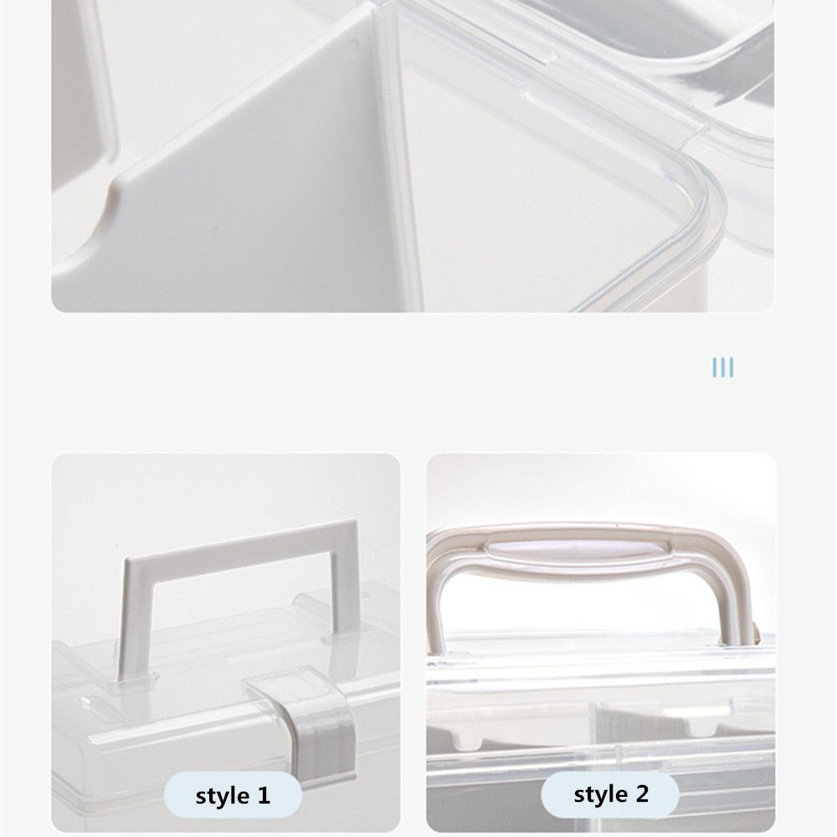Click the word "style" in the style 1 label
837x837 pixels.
click(222, 796)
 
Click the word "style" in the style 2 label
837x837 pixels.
click(600, 793)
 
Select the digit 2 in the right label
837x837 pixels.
click(642, 793)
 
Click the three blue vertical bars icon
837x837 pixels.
click(722, 367)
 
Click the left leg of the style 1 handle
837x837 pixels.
click(135, 611)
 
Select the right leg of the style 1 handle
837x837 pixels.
click(346, 586)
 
